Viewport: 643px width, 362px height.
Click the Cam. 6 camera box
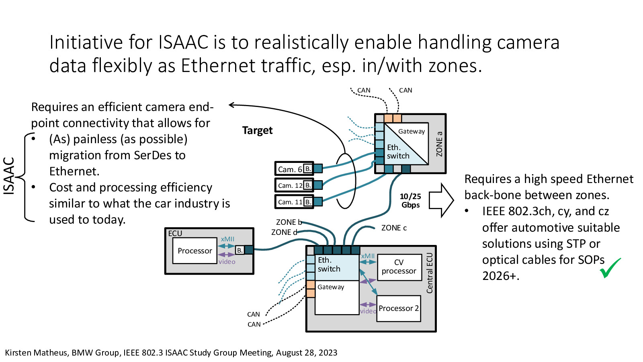[290, 169]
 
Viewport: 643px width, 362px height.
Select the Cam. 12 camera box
[290, 185]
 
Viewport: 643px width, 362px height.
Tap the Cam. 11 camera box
[290, 202]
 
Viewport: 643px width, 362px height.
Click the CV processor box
[399, 267]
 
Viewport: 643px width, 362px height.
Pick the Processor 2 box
[399, 309]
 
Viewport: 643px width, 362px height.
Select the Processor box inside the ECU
[195, 251]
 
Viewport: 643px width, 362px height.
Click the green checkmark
[610, 268]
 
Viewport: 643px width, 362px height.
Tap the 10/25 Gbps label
[410, 201]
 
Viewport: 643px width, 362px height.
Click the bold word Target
[257, 131]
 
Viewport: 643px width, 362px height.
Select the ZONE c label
[394, 228]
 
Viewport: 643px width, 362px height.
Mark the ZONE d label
[284, 232]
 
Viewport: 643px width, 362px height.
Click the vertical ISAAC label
[9, 176]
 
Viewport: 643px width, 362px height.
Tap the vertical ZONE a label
[439, 144]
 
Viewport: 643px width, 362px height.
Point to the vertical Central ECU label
[430, 273]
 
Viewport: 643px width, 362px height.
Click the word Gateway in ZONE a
[412, 132]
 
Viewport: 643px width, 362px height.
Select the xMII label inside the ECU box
[227, 239]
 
